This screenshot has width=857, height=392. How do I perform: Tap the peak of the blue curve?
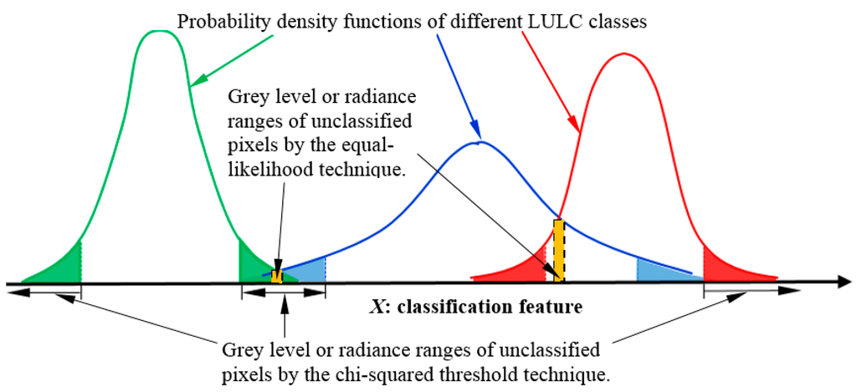[477, 143]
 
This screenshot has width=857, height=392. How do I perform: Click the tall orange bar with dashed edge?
[559, 251]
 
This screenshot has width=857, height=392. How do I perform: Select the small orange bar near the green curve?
[276, 276]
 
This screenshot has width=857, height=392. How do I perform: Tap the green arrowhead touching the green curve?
[197, 80]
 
